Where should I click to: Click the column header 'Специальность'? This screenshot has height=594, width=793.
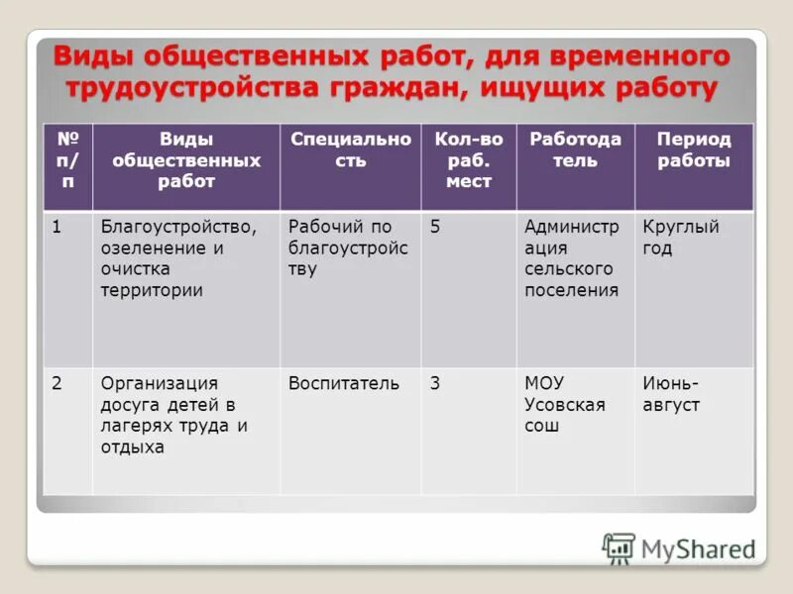350,149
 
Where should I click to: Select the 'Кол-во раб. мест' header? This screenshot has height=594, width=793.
468,160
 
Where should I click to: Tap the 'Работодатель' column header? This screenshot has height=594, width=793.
575,149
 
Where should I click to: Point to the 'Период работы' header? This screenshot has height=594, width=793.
693,149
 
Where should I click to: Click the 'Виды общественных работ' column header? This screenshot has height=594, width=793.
186,160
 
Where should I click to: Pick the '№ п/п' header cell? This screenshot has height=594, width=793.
67,160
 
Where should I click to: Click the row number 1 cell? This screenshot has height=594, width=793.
58,227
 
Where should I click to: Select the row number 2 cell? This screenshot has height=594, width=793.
58,383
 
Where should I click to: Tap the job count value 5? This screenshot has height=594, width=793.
435,227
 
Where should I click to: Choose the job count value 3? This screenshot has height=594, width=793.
435,383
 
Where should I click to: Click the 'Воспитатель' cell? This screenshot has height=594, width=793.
344,383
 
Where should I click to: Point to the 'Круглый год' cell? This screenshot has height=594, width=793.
680,238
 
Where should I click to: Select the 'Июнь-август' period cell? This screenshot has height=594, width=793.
672,394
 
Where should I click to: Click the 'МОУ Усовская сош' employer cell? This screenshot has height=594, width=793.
564,404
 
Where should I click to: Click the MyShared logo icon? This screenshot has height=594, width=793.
619,548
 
